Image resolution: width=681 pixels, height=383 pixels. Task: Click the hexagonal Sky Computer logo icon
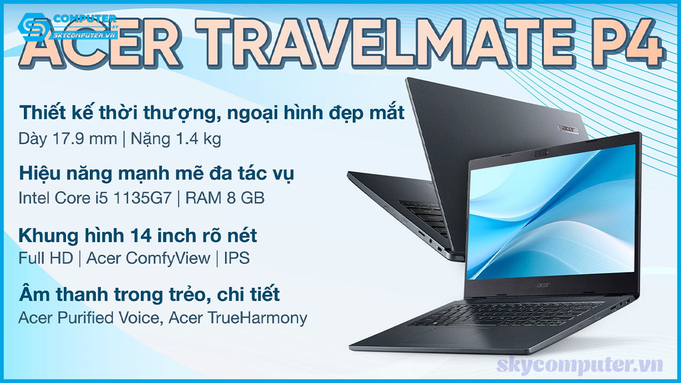[x=34, y=27]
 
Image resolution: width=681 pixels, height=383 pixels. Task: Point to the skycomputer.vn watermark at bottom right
[x=579, y=365]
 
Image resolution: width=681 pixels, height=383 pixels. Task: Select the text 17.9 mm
[x=85, y=139]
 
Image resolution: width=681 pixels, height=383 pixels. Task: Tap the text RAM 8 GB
[x=225, y=198]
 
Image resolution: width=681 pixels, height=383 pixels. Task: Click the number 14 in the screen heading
[x=141, y=236]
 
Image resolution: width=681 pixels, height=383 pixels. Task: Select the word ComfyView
[x=168, y=259]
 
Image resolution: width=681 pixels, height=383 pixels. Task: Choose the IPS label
[x=237, y=258]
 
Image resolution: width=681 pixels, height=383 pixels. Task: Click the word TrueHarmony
[x=258, y=319]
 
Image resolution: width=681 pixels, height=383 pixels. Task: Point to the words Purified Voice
[x=109, y=318]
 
